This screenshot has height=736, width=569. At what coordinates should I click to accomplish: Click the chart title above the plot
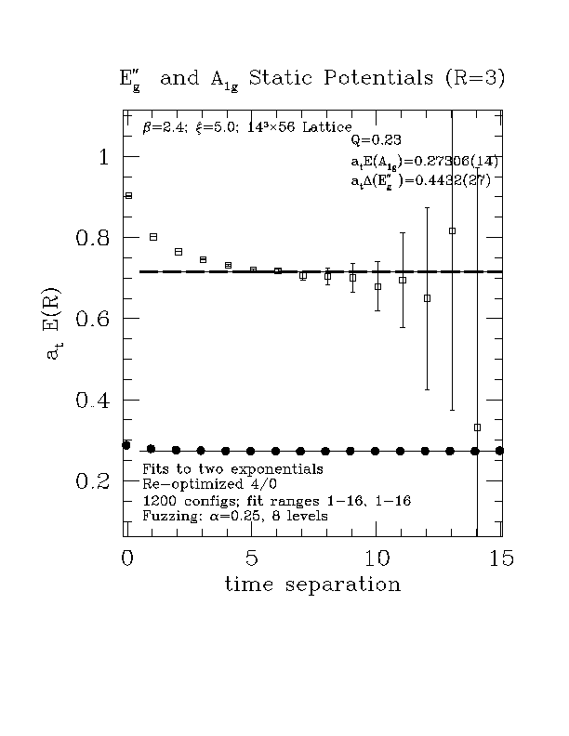coord(312,79)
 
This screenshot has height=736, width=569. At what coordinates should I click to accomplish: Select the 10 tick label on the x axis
coord(377,558)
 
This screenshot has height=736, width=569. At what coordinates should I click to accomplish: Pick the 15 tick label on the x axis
coord(500,558)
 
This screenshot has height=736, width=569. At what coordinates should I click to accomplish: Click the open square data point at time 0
coord(128,195)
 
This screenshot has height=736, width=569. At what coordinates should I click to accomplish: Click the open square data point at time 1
coord(153,237)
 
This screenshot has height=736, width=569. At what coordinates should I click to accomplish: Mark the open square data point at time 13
coord(453,230)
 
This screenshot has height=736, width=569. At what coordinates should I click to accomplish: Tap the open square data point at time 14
coord(477,427)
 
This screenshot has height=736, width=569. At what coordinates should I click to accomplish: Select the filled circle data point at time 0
coord(126,445)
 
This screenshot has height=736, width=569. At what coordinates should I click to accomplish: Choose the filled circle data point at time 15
coord(500,451)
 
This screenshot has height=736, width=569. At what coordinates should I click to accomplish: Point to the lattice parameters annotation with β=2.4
coord(246,126)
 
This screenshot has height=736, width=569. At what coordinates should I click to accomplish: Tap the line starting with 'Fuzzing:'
coord(234,516)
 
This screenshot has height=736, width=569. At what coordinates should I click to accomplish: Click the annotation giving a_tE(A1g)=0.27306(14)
coord(424,162)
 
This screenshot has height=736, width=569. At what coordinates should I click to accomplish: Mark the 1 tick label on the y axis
coord(104,157)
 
